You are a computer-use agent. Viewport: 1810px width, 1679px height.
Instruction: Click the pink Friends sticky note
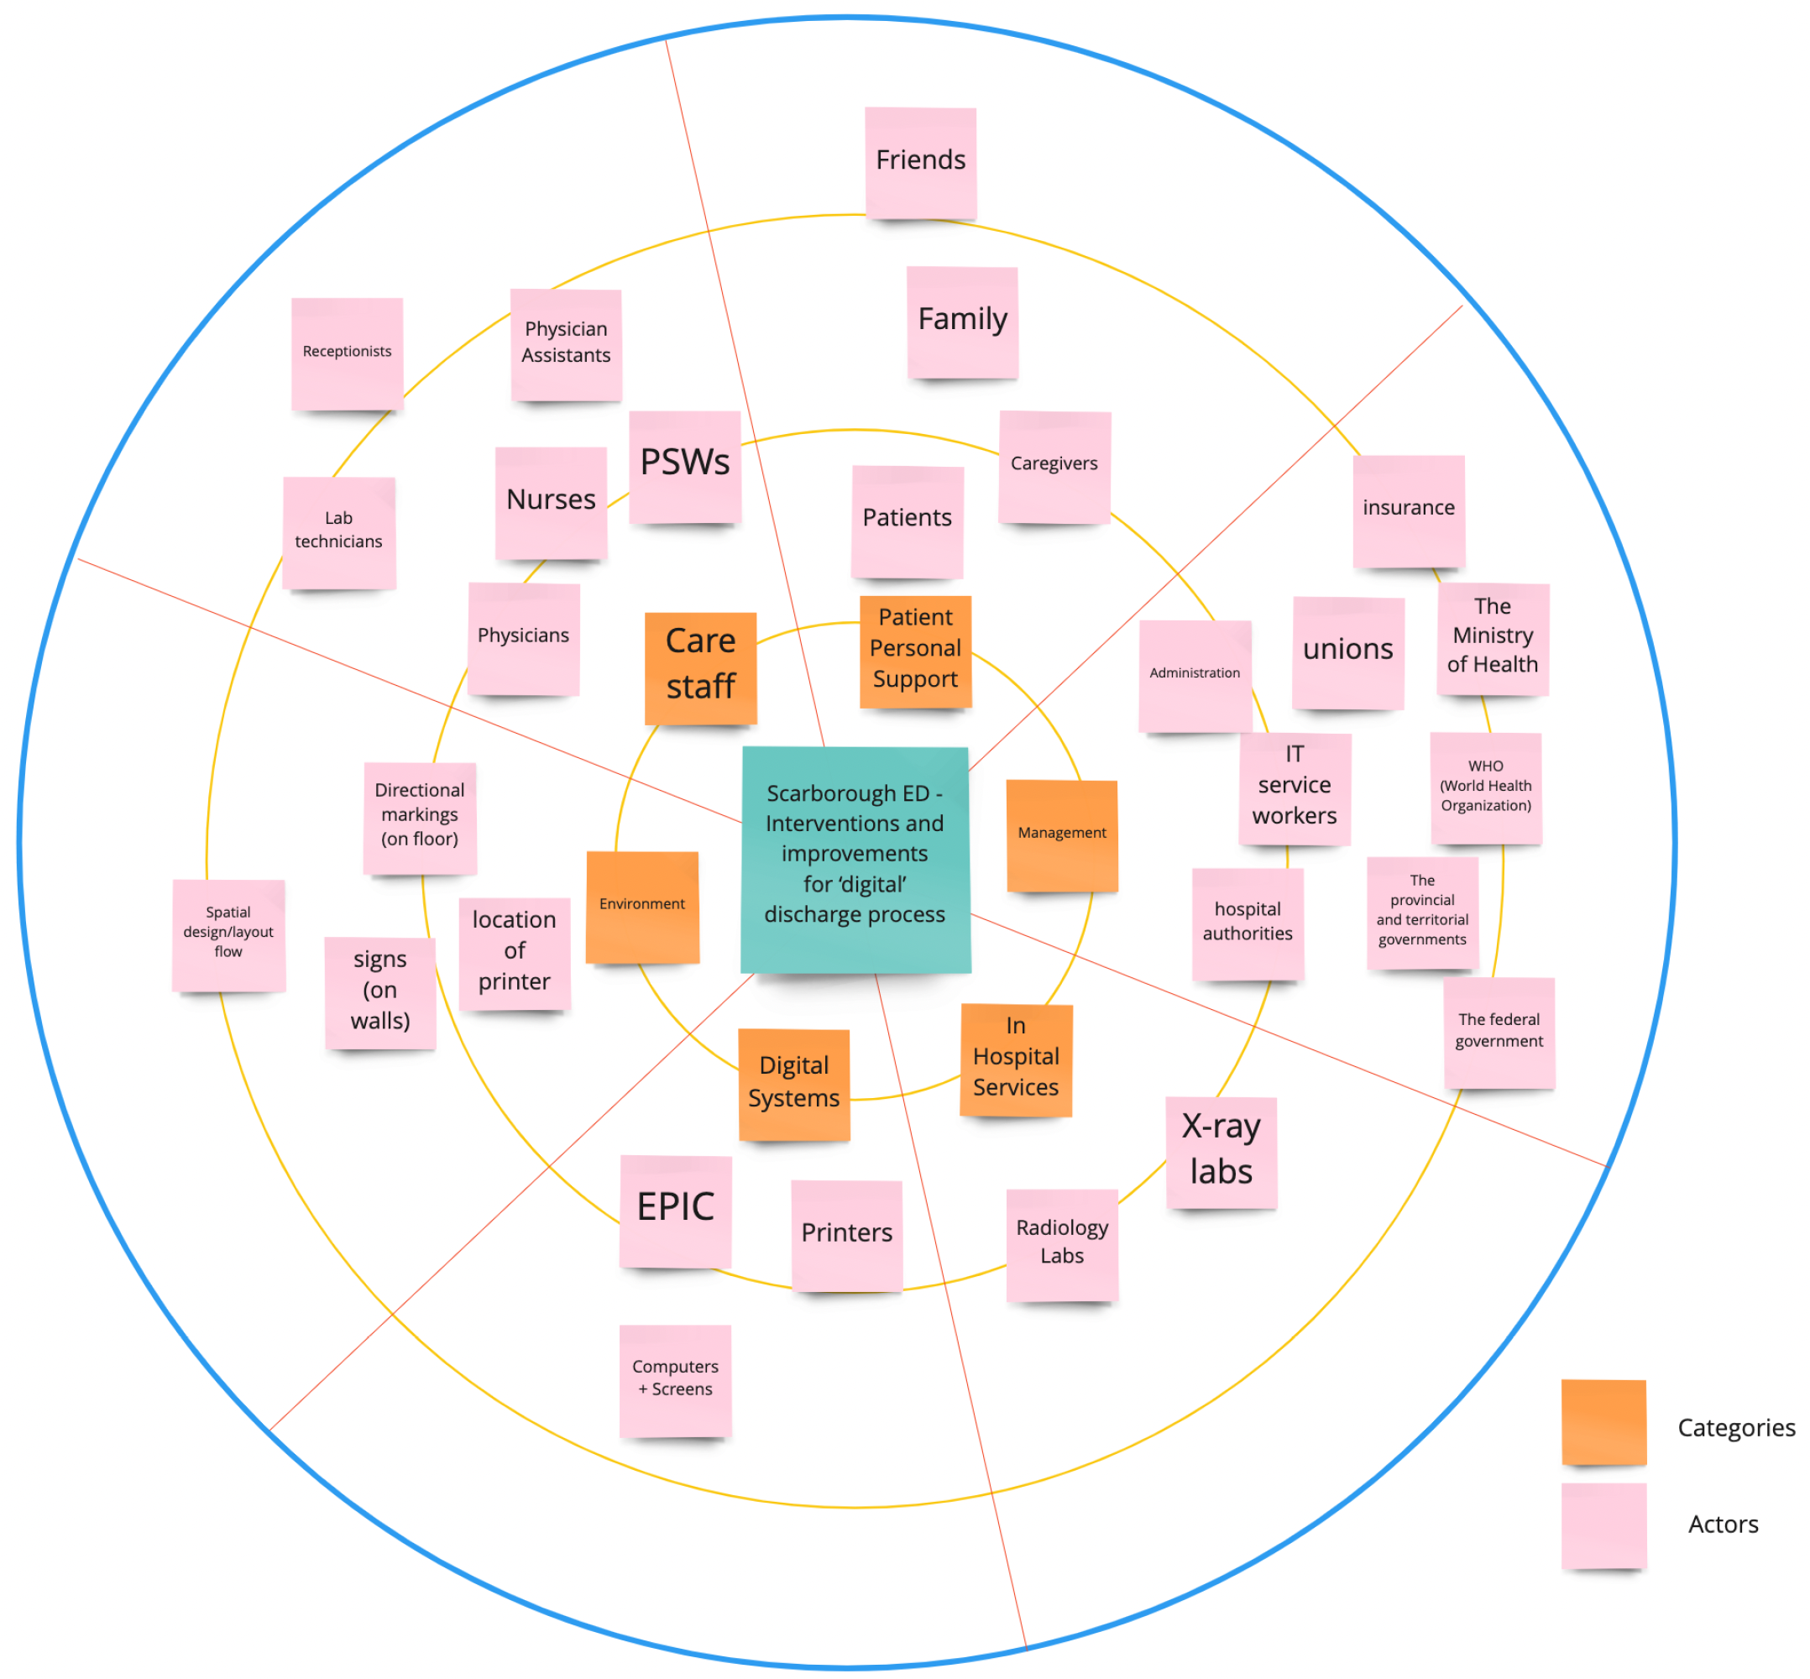[x=919, y=163]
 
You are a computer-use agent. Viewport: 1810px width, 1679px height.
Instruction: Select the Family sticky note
[x=962, y=322]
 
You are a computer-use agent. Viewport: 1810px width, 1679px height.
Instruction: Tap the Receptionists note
[x=347, y=353]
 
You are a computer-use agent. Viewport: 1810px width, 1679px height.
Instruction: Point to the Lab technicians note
[x=339, y=532]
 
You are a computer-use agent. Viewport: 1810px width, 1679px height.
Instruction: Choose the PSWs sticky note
[x=685, y=467]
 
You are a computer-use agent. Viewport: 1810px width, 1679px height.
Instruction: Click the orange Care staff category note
[x=700, y=667]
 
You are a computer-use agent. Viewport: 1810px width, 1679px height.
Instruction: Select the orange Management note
[x=1061, y=835]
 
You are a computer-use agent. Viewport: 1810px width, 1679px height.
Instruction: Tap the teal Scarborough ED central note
[x=855, y=859]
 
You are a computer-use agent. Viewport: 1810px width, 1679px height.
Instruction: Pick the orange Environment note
[x=642, y=906]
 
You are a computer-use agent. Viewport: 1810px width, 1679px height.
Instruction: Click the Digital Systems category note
[x=794, y=1084]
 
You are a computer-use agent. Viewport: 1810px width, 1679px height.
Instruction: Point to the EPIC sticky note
[x=676, y=1211]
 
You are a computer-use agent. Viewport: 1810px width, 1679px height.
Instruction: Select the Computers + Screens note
[x=675, y=1380]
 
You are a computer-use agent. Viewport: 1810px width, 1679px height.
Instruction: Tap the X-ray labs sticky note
[x=1221, y=1152]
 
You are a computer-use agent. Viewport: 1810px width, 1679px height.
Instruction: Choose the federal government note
[x=1499, y=1032]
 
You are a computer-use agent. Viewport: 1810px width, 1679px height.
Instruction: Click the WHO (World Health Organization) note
[x=1486, y=787]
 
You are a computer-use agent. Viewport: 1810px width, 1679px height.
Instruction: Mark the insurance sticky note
[x=1409, y=510]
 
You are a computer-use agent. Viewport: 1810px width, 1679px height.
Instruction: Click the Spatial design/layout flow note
[x=228, y=935]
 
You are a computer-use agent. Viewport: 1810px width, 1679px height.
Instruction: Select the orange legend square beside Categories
[x=1603, y=1422]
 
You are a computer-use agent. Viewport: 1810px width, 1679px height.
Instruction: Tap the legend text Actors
[x=1723, y=1524]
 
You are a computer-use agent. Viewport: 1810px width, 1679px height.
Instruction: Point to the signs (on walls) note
[x=379, y=992]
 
